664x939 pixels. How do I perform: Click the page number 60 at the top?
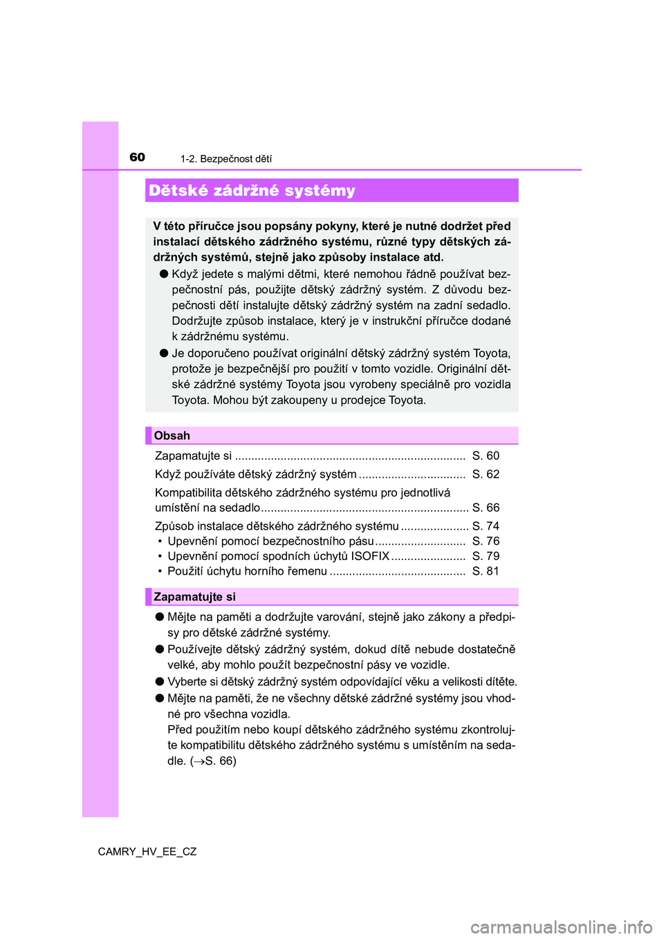[x=138, y=157]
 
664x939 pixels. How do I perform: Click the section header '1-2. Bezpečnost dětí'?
[x=226, y=159]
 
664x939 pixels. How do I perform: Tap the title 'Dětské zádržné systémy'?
[x=252, y=191]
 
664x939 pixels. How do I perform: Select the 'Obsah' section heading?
[x=172, y=436]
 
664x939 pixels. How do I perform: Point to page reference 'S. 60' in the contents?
[x=486, y=456]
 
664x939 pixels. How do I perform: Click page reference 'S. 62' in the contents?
[x=486, y=474]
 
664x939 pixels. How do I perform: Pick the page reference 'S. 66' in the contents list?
[x=486, y=508]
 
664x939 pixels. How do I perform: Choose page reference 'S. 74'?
[x=486, y=526]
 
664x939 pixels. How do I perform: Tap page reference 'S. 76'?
[x=486, y=541]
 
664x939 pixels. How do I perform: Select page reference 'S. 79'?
[x=486, y=556]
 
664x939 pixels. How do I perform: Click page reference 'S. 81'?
[x=486, y=571]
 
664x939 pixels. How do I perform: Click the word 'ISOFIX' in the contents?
[x=370, y=556]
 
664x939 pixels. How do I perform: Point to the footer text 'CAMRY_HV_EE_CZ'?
[x=147, y=852]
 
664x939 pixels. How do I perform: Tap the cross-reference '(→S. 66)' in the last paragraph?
[x=213, y=761]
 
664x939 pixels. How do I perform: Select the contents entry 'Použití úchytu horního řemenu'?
[x=247, y=571]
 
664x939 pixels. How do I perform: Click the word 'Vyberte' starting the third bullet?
[x=187, y=682]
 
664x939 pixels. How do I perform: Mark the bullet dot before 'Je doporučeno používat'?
[x=164, y=353]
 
